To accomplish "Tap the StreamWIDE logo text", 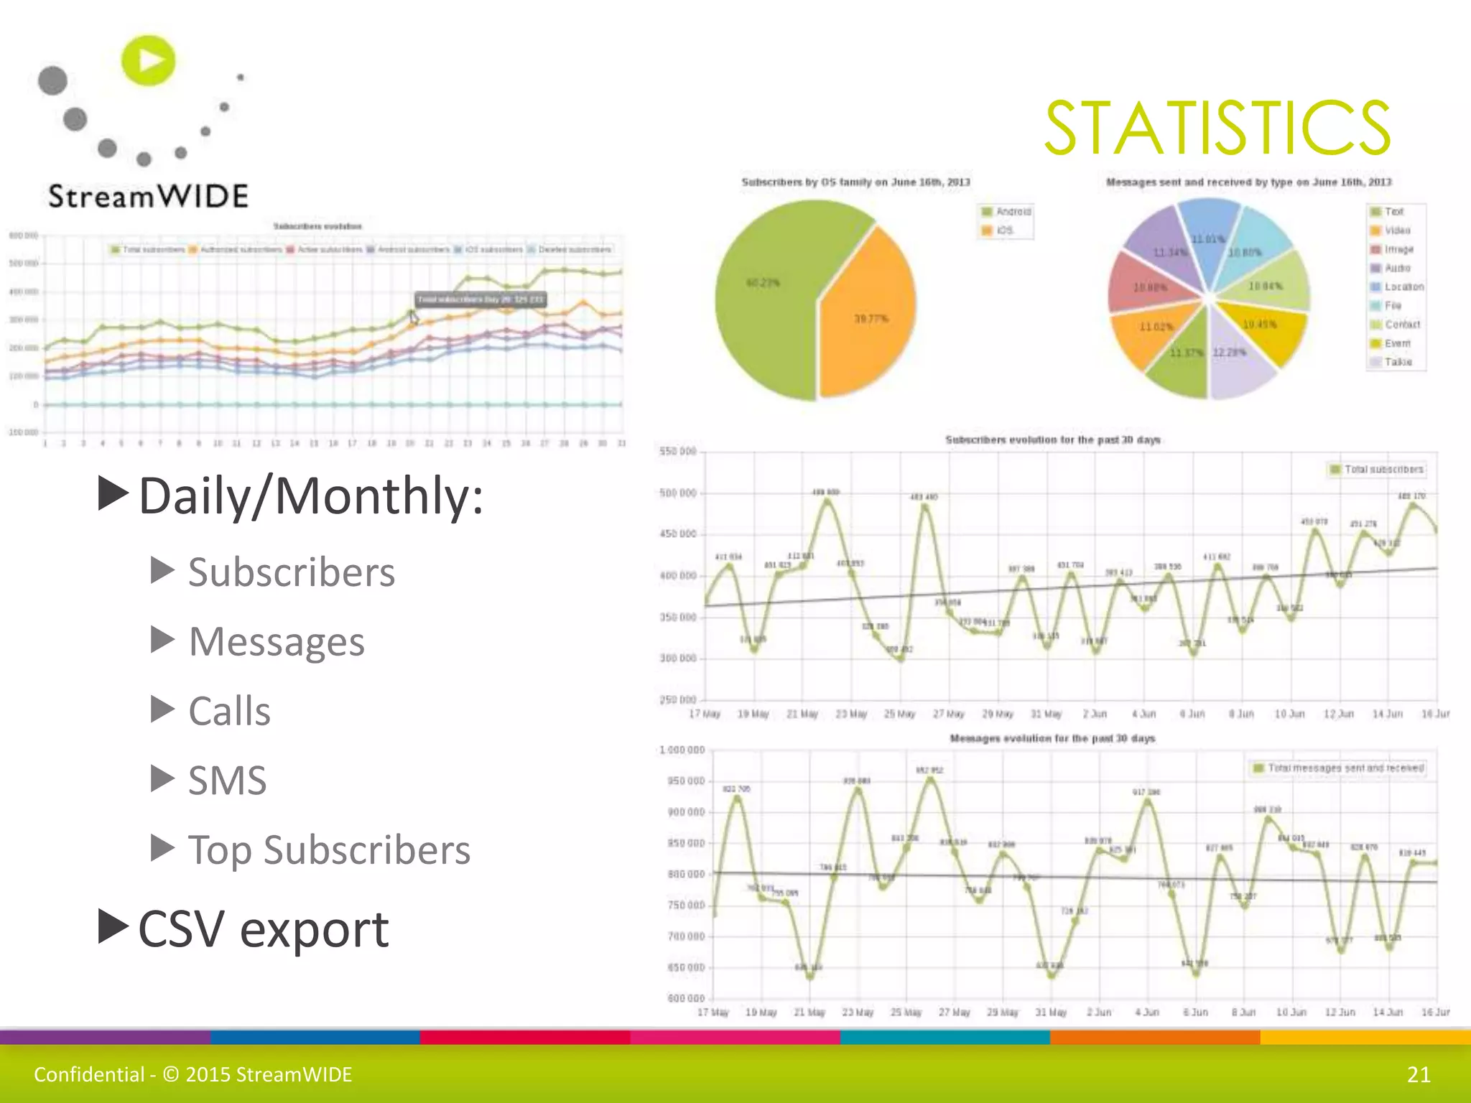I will click(148, 196).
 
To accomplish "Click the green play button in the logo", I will click(149, 60).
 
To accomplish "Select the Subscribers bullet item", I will click(291, 572).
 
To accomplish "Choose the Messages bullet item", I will click(276, 641).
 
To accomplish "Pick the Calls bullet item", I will click(229, 711).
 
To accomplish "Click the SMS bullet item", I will click(227, 780).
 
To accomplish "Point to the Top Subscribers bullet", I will click(329, 850).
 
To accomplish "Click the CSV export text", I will click(263, 929).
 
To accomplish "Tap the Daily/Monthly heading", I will click(310, 495).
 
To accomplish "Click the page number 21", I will click(1419, 1074).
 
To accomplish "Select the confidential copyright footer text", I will click(193, 1074).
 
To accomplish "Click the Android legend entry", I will click(1007, 212).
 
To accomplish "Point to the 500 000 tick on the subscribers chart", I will click(677, 493).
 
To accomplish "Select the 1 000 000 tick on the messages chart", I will click(682, 750).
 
